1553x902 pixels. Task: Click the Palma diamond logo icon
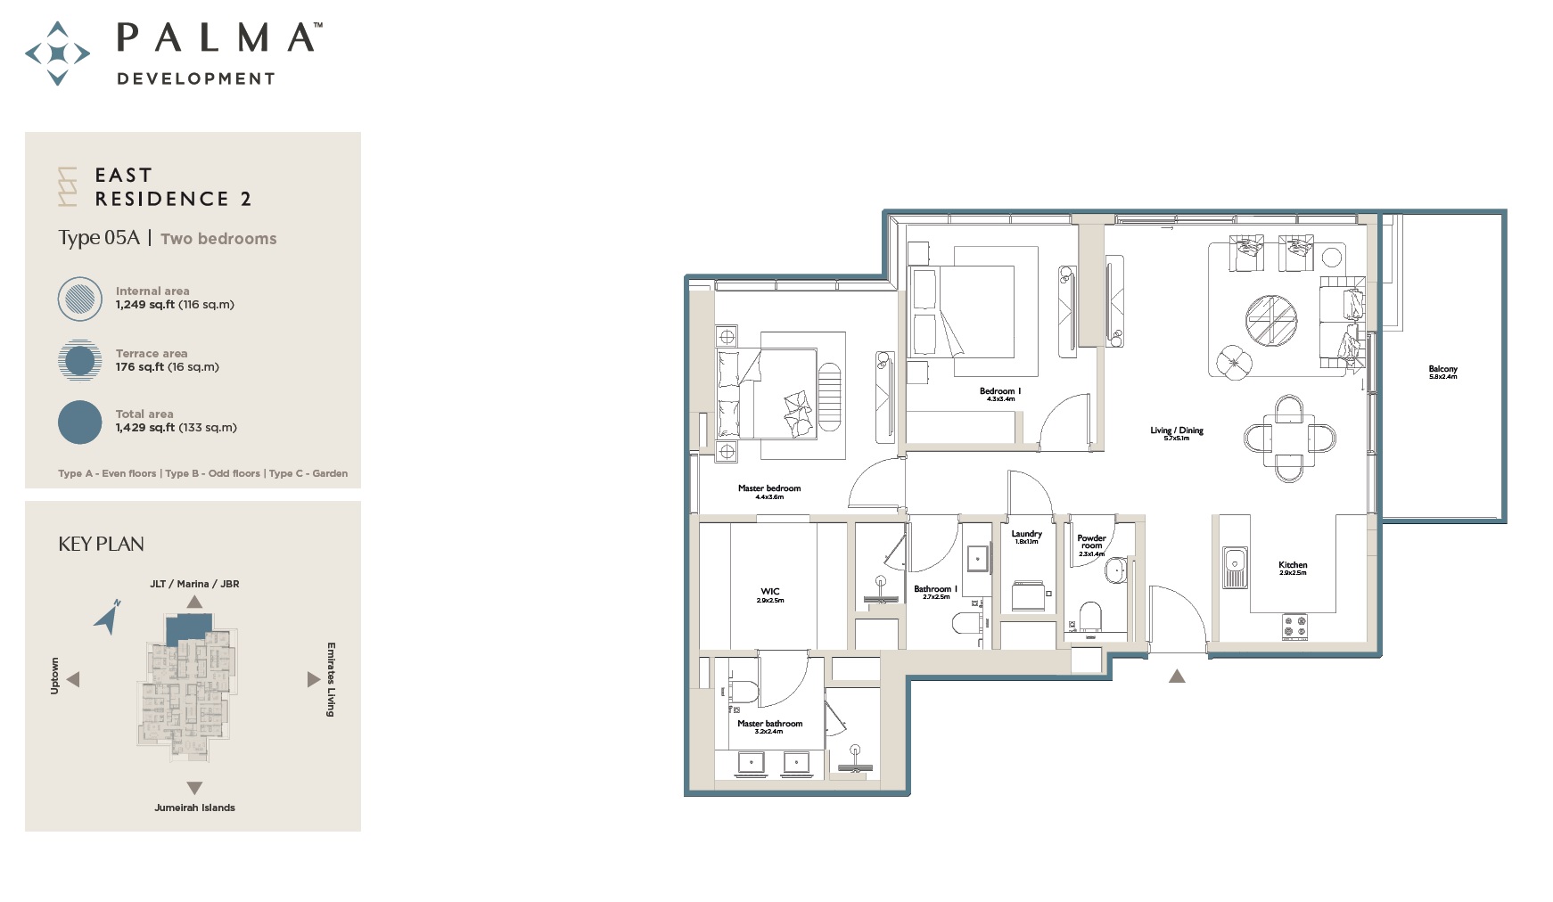pos(57,53)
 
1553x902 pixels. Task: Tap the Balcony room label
pos(1442,370)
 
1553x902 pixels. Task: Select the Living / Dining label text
pos(1176,431)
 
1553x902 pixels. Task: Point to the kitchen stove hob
pos(1294,627)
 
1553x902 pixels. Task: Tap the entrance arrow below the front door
pos(1177,676)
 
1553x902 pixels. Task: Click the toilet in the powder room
pos(1089,615)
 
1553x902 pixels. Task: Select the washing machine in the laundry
pos(1028,595)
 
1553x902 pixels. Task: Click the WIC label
pos(770,592)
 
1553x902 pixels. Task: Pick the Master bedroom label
pos(768,488)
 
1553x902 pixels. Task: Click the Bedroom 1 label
pos(1000,391)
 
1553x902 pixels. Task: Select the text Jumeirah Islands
pos(194,808)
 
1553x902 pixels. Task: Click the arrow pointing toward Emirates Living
pos(313,679)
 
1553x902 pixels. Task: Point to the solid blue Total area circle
pos(80,422)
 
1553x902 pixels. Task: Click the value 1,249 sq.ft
pos(144,305)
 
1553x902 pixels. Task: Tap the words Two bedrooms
pos(218,239)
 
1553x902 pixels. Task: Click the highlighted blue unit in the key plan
pos(188,627)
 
